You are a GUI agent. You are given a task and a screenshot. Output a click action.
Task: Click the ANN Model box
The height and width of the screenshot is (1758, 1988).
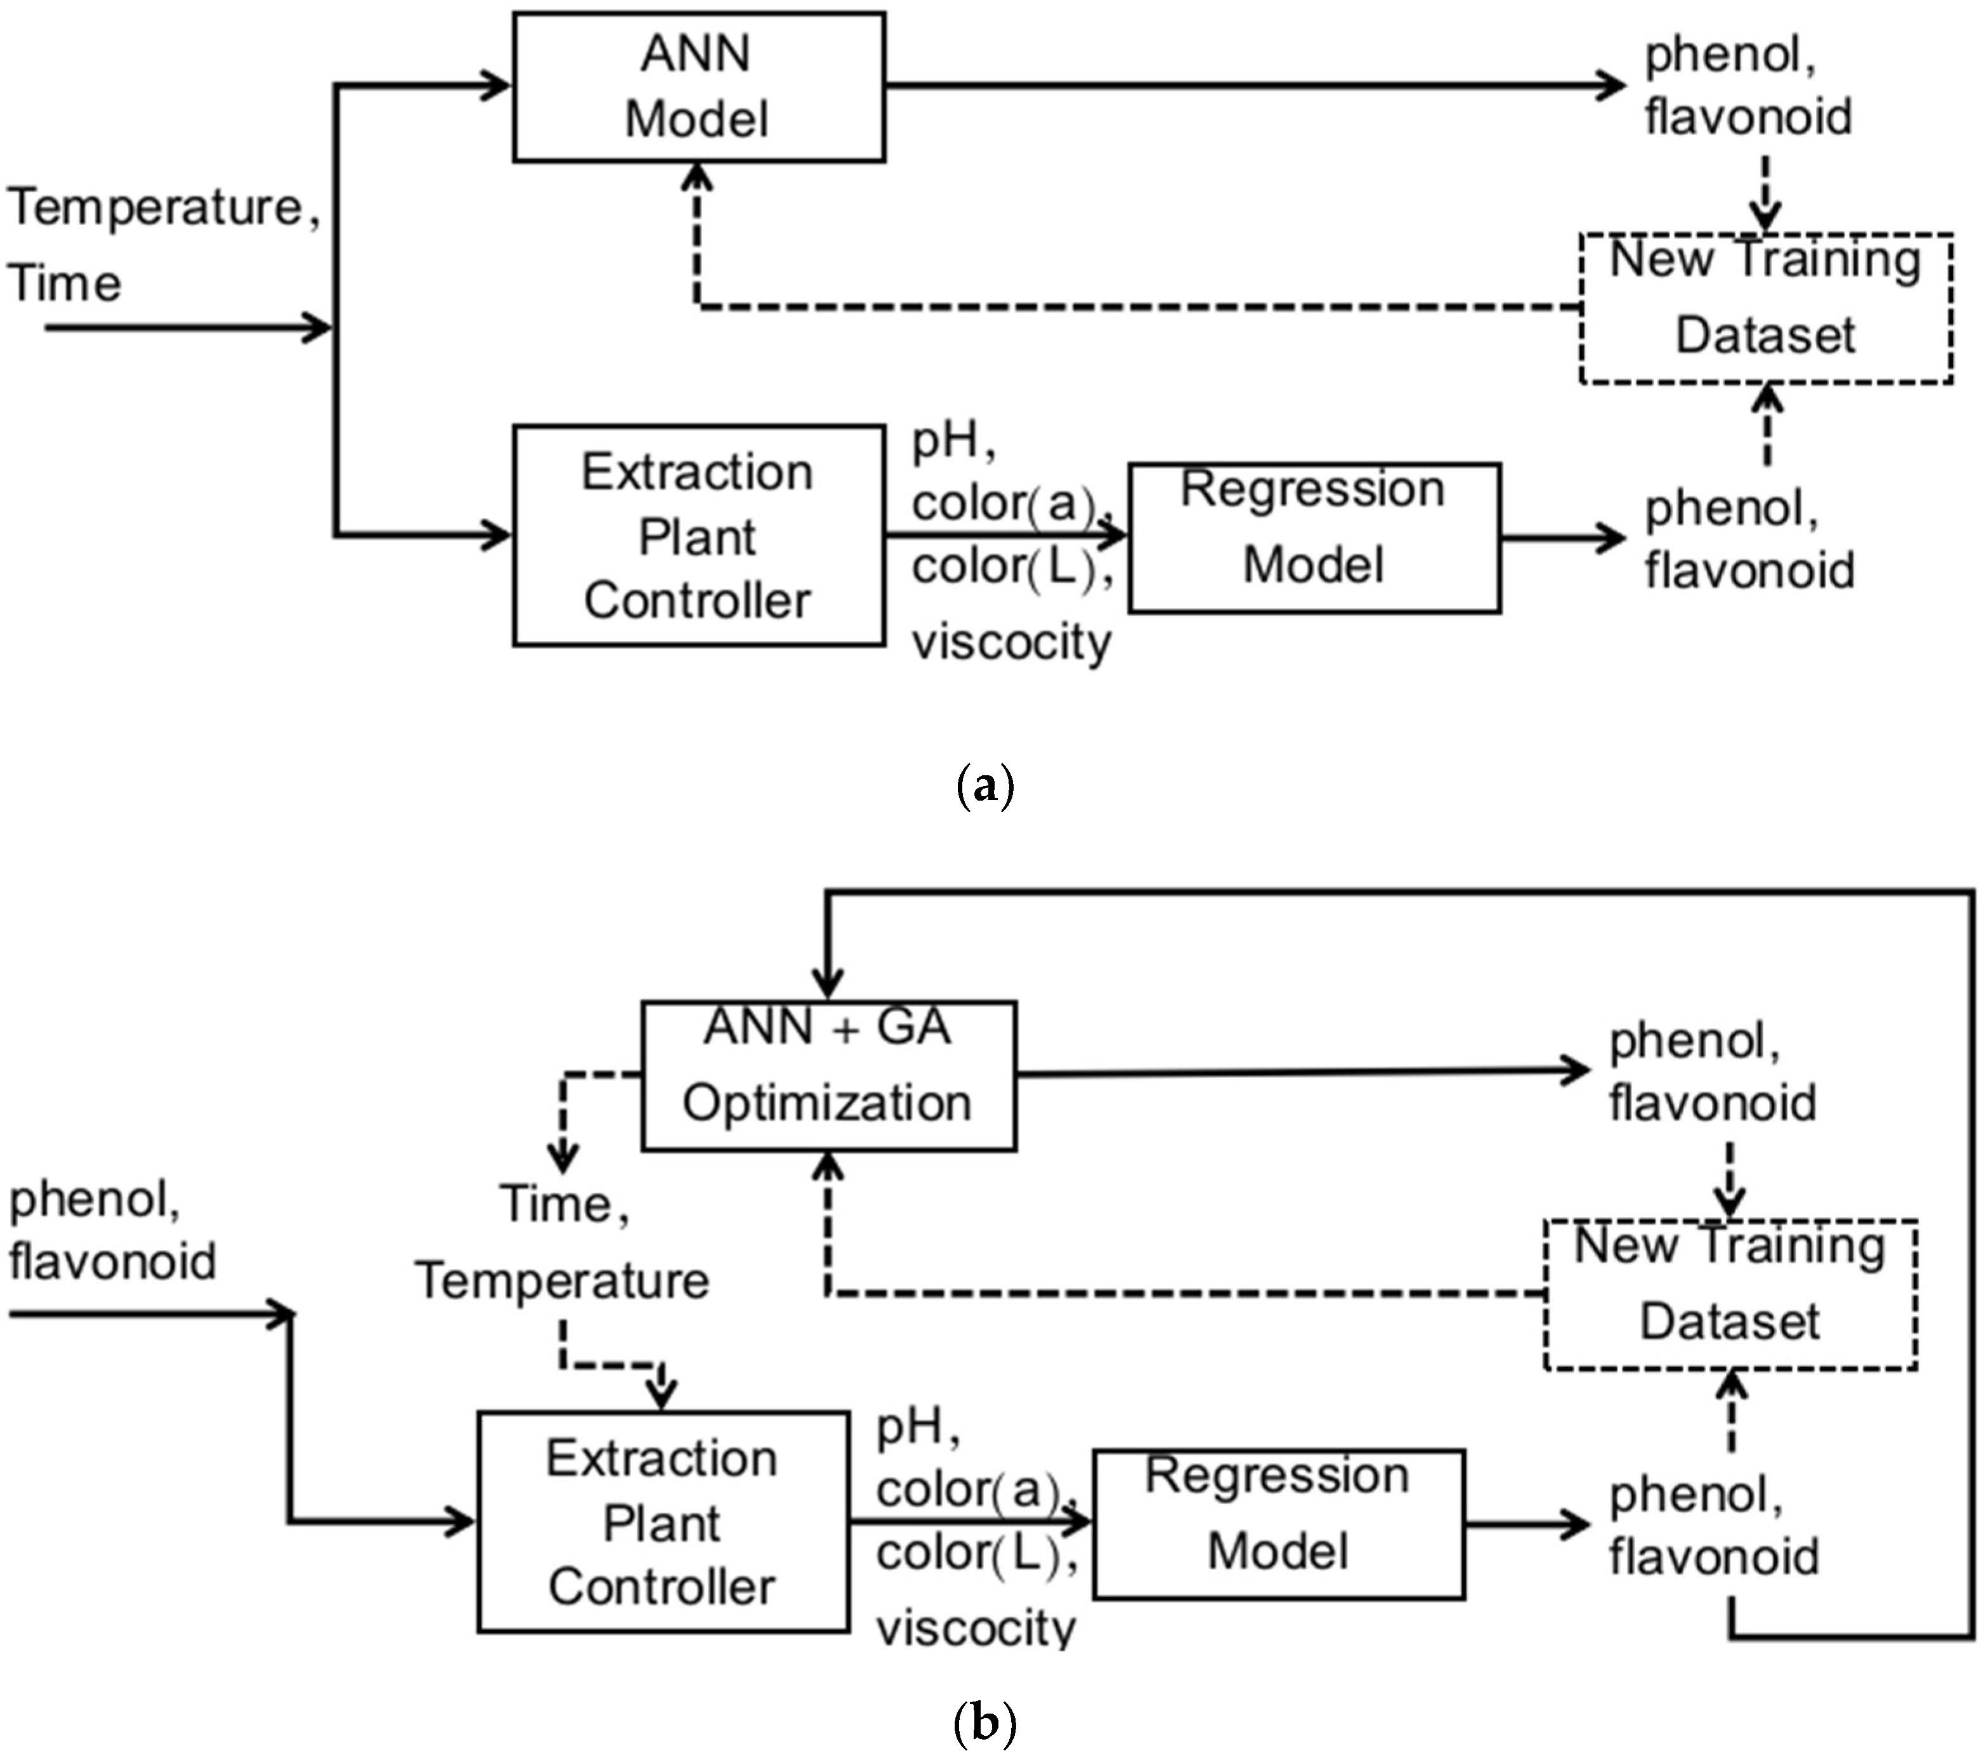pos(698,86)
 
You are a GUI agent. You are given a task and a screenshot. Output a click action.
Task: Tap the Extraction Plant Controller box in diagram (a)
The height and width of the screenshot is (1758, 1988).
pos(698,535)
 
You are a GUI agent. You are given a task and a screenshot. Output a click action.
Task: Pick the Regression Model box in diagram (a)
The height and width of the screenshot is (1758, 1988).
pos(1314,538)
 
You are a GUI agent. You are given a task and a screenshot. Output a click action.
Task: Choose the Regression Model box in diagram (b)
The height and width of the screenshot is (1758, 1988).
pos(1278,1525)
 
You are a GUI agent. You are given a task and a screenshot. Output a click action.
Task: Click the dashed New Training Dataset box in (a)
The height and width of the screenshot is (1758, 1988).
pos(1765,308)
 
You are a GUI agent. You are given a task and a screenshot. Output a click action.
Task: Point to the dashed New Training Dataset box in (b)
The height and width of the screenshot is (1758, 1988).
pos(1730,1295)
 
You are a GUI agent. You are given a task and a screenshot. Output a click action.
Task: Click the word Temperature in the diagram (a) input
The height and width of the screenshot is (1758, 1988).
pos(155,208)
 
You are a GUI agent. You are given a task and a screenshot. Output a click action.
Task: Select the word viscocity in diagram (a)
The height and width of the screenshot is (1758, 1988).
pos(1012,643)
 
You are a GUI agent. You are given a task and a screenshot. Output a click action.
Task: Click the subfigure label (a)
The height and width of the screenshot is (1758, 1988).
pos(985,785)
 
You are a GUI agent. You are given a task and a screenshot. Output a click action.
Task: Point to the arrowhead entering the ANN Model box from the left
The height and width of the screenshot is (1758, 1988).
pos(498,86)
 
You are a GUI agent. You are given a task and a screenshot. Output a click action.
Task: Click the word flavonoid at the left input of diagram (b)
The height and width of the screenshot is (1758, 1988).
pos(112,1262)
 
